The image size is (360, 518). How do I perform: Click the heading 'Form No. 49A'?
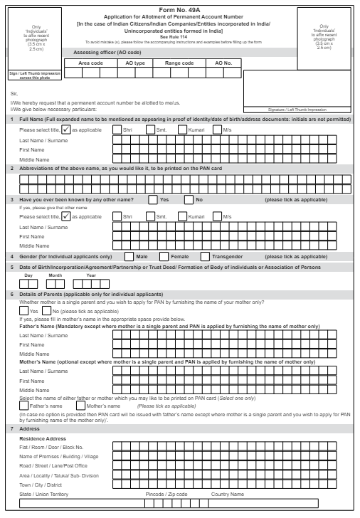click(x=179, y=9)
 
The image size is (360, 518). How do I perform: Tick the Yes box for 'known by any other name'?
click(x=153, y=199)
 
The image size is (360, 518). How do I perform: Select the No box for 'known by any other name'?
click(x=189, y=199)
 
